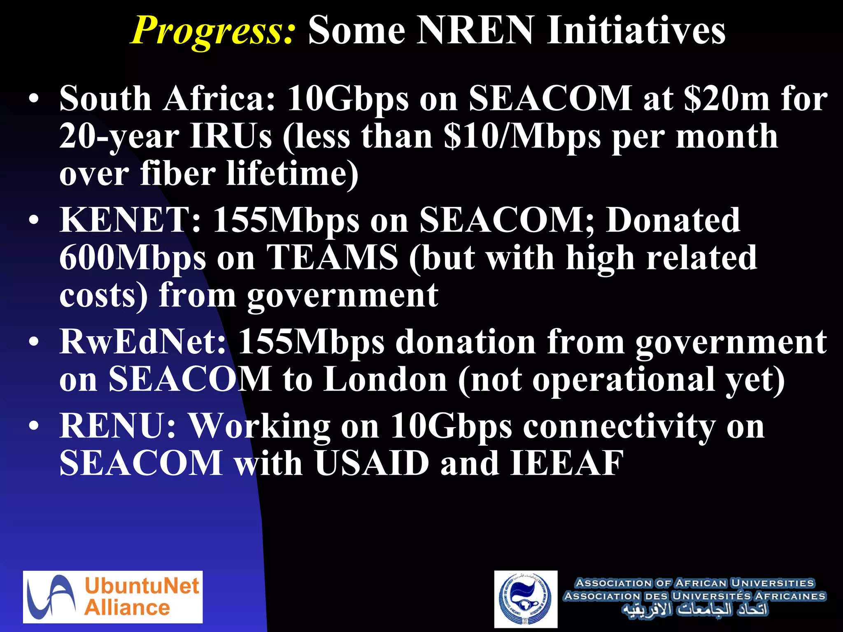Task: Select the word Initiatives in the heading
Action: click(636, 30)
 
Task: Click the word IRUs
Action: click(231, 136)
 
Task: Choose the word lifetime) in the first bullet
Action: click(292, 174)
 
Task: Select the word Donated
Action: click(673, 220)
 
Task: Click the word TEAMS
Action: click(333, 258)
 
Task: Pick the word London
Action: click(385, 379)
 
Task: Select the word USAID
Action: click(373, 463)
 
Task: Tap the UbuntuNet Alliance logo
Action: click(113, 597)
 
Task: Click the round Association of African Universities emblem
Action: click(526, 599)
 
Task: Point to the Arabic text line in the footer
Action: click(694, 609)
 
